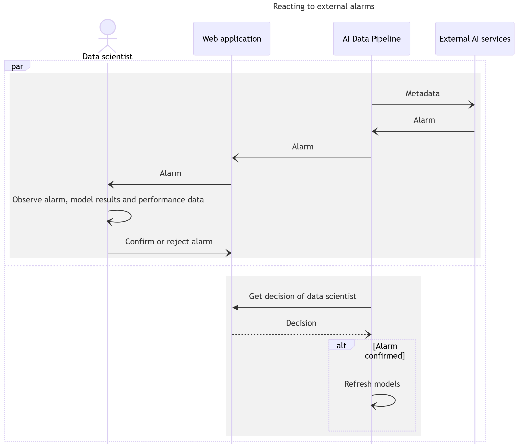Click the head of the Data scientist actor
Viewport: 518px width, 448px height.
coord(108,27)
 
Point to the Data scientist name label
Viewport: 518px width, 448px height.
coord(108,57)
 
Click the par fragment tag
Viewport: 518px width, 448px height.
coord(17,66)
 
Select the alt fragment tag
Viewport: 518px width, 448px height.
coord(341,345)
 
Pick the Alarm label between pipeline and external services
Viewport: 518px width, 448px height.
coord(424,120)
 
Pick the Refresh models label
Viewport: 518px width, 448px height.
coord(372,384)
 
